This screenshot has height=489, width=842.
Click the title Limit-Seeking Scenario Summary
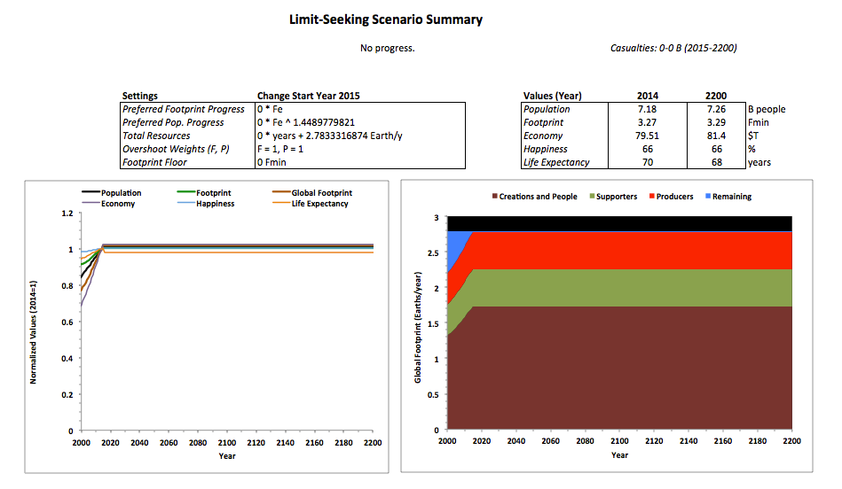386,19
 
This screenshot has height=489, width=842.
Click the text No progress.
387,48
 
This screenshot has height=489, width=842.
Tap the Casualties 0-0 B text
673,48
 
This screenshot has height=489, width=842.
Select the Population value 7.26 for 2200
716,109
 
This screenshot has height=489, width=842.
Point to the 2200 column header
716,96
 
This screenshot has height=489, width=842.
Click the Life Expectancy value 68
716,162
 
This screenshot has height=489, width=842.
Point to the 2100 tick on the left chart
226,442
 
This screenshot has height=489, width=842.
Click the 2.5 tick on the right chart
432,252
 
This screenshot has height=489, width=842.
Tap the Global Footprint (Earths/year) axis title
418,323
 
